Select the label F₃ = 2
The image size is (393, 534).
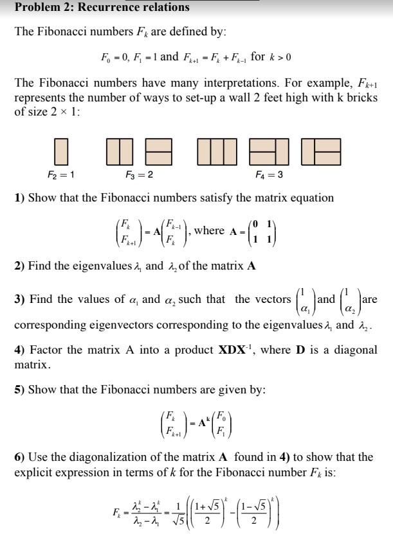139,175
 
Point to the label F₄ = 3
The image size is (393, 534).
269,175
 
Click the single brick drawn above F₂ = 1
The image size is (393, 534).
61,151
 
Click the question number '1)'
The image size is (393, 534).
20,198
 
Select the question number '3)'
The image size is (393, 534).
20,299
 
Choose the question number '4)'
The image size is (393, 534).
20,350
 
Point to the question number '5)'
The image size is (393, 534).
20,390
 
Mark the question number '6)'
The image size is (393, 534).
20,457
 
